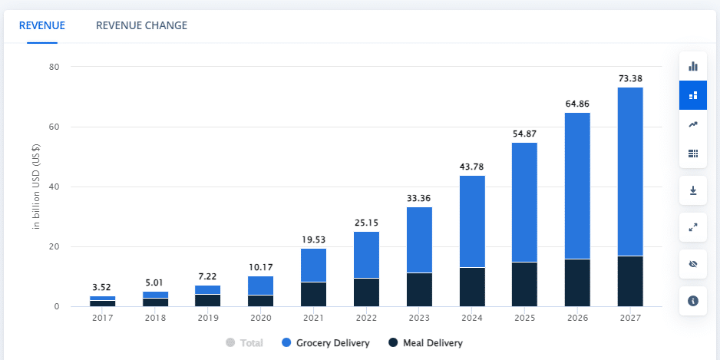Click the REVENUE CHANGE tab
(x=141, y=25)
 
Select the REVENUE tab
(x=41, y=25)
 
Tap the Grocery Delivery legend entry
(x=326, y=343)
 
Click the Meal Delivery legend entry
(x=426, y=343)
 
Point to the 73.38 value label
(x=630, y=78)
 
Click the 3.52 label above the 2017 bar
(x=103, y=288)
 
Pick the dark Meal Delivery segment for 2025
(x=525, y=284)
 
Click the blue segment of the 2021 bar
(x=313, y=266)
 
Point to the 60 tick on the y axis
(x=54, y=127)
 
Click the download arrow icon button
(x=692, y=190)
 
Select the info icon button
(x=692, y=301)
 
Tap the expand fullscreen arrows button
(x=692, y=227)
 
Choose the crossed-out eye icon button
(x=692, y=264)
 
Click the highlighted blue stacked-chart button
(x=692, y=95)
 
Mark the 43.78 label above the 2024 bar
(x=472, y=167)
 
